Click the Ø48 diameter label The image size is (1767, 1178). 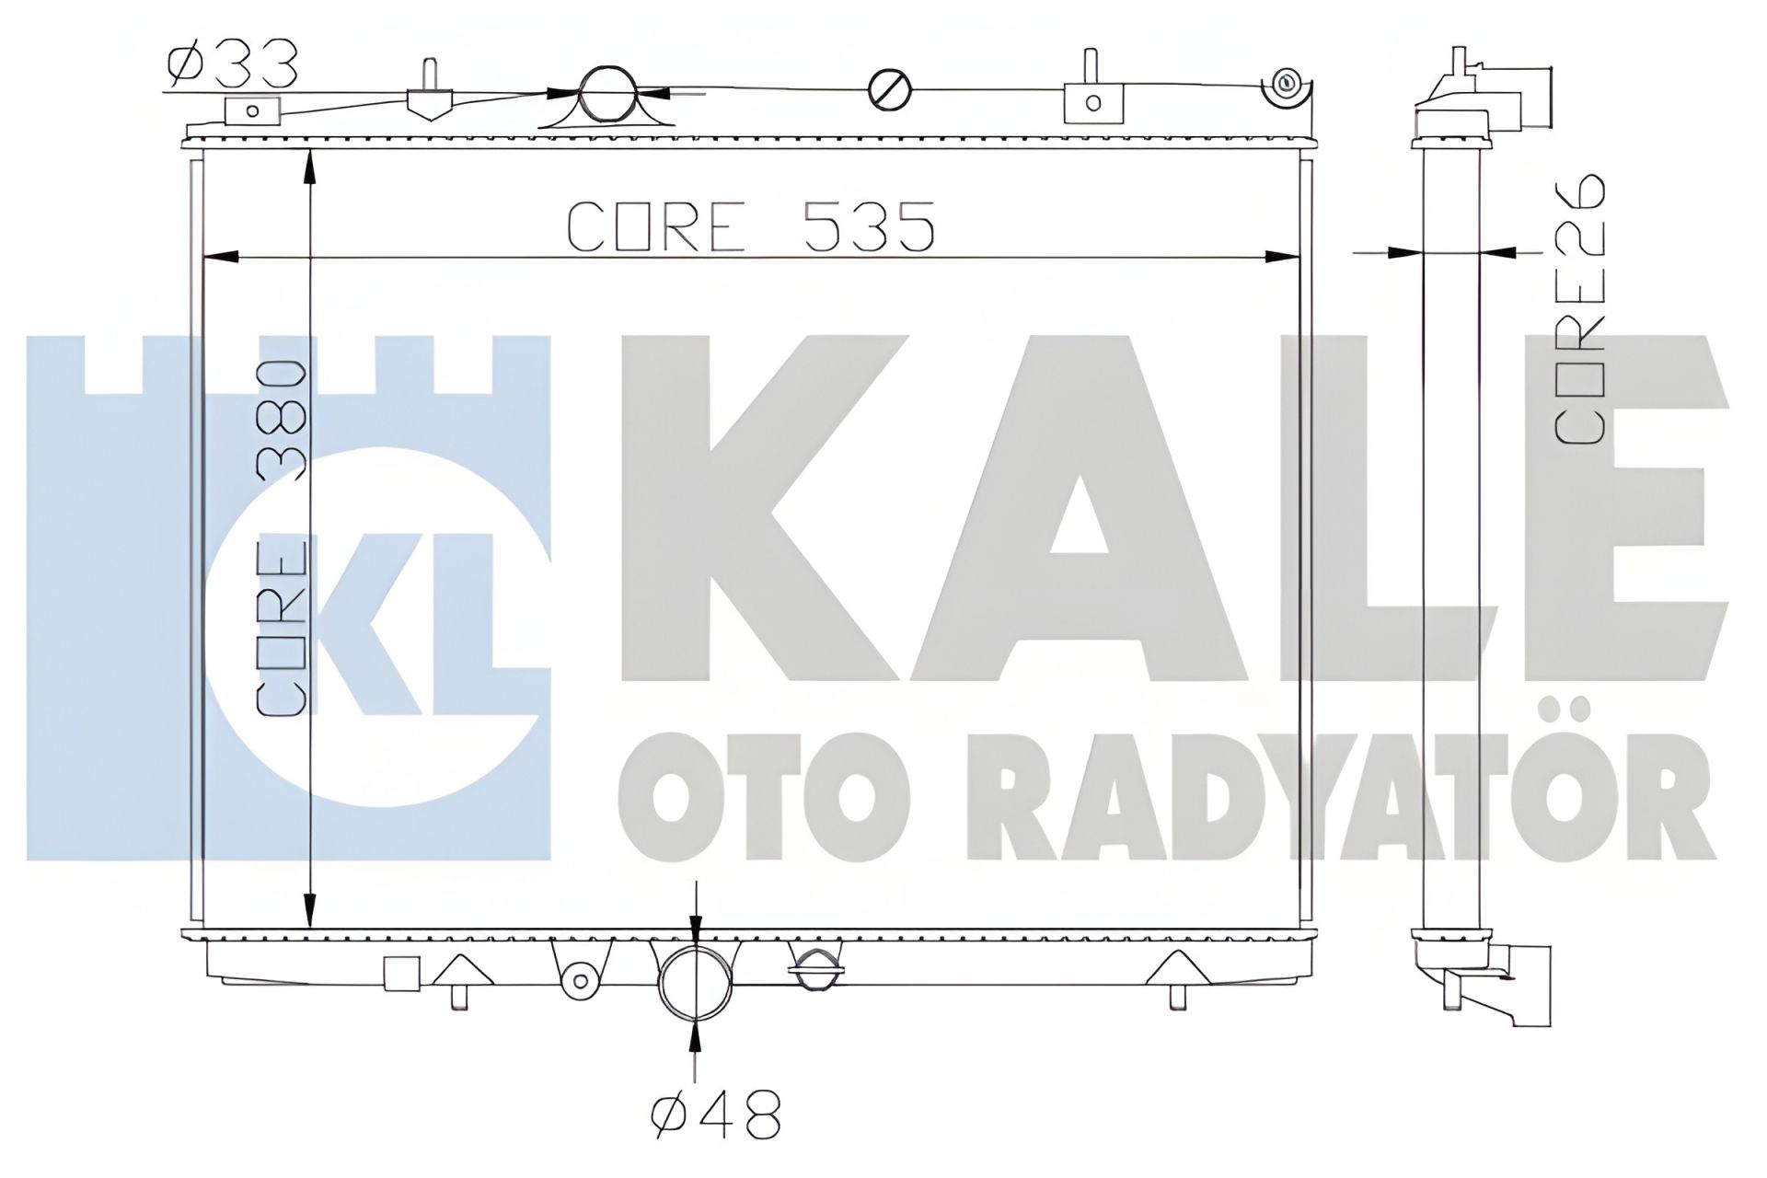716,1116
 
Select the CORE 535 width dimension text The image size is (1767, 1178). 751,227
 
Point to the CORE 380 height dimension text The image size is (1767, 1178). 281,538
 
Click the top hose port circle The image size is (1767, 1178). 607,93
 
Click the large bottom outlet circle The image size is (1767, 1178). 695,981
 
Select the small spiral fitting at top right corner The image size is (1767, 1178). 1287,86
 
